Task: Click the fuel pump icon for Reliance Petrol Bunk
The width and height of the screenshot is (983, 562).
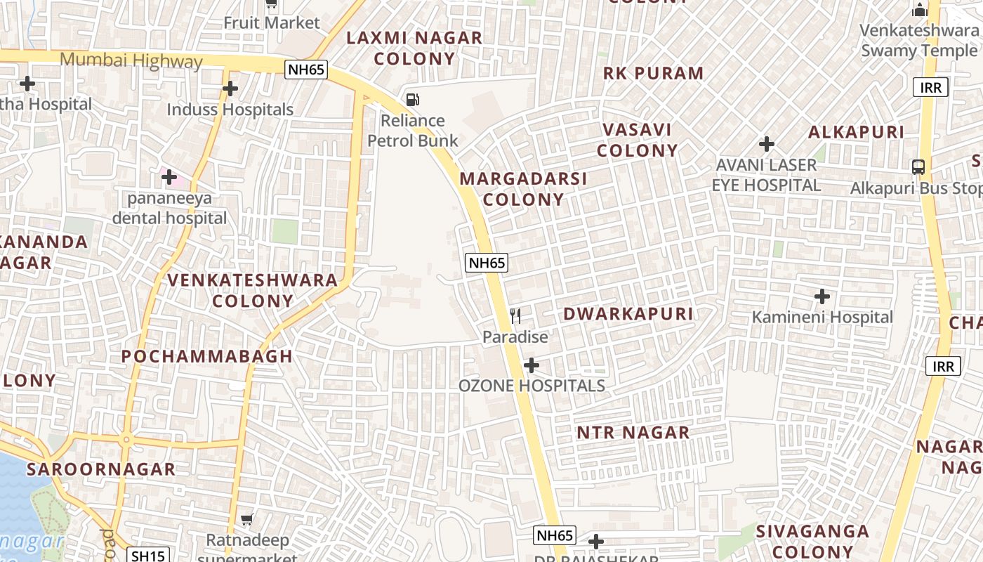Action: [413, 100]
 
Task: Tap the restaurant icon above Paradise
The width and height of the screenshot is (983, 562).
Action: [516, 316]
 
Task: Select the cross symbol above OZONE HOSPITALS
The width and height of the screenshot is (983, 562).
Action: [532, 365]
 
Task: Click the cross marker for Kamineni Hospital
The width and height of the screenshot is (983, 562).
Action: [822, 296]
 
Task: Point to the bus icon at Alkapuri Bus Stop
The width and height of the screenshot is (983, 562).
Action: [918, 167]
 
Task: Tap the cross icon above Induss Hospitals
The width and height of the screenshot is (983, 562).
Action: [230, 89]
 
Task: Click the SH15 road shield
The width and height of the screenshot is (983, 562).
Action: [148, 556]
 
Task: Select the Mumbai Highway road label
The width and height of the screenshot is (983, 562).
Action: [131, 60]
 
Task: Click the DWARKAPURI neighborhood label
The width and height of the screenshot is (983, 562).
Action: [628, 314]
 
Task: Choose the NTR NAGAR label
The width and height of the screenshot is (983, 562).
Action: [633, 433]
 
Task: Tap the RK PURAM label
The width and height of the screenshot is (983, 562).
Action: [653, 73]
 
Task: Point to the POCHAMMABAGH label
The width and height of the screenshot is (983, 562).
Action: [207, 356]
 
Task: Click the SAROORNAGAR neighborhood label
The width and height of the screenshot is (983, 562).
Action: [101, 469]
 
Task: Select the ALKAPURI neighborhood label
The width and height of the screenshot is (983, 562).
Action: [856, 132]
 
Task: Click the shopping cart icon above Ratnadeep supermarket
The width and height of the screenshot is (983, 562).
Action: [246, 520]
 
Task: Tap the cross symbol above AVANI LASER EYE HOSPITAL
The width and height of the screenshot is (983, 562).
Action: [767, 145]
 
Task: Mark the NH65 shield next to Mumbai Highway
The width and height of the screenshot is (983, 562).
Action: [306, 69]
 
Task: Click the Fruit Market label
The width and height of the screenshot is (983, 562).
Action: [272, 22]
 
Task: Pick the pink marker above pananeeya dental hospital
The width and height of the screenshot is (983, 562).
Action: [169, 177]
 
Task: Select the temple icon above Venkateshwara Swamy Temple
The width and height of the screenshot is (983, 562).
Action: [919, 10]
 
